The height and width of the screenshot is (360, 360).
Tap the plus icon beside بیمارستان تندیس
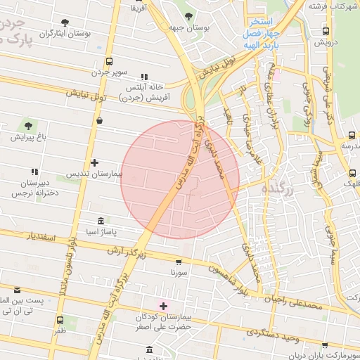[x=94, y=162]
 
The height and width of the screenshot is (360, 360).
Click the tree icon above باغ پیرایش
[x=28, y=126]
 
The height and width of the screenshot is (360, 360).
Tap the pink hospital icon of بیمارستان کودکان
[x=165, y=306]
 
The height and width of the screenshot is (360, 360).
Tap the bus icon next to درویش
[x=326, y=31]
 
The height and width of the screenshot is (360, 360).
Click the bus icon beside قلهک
[x=352, y=173]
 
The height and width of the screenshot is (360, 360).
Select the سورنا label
[x=179, y=271]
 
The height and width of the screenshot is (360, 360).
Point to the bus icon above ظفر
[x=60, y=321]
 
